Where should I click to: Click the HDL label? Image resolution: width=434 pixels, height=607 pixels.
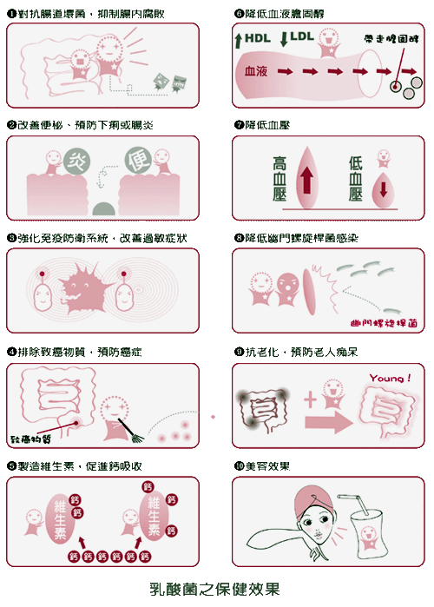[x=258, y=38]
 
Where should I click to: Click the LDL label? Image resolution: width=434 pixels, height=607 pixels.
[x=302, y=36]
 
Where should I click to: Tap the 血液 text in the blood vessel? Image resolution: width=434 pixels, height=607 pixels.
[x=256, y=71]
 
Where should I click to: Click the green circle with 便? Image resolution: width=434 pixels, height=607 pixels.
[x=138, y=160]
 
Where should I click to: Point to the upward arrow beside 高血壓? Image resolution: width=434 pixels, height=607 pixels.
[x=306, y=181]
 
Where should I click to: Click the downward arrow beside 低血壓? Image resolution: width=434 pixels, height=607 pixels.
[x=383, y=189]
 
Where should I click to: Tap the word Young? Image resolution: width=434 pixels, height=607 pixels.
[x=390, y=378]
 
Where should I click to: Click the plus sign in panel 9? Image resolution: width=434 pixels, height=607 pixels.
[x=310, y=399]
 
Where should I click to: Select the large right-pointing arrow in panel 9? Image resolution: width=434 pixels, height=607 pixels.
[x=329, y=422]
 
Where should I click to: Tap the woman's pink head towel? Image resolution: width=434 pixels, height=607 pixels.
[x=313, y=500]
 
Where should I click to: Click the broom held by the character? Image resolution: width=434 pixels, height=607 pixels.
[x=131, y=430]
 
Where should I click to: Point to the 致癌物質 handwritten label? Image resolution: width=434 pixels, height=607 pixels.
[x=30, y=439]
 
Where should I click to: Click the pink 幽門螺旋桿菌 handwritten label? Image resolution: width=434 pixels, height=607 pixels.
[x=384, y=323]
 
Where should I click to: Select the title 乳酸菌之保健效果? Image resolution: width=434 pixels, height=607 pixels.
[x=214, y=589]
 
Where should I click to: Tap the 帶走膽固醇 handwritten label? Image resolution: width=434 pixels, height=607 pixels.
[x=391, y=38]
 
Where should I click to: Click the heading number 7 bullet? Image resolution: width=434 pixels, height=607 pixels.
[x=239, y=125]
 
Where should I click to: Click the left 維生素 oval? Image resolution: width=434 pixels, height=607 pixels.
[x=60, y=518]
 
